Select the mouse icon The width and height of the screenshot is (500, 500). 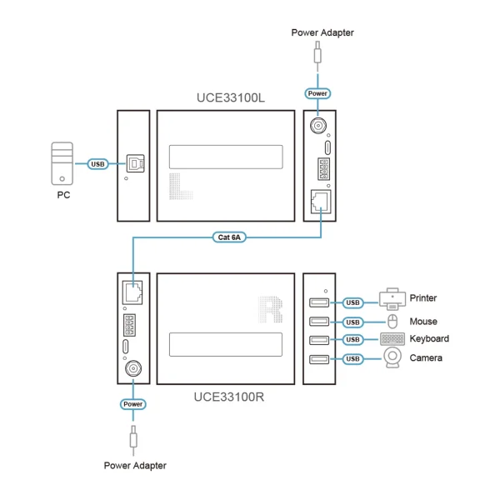click(392, 322)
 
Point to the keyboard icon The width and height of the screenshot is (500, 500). click(392, 340)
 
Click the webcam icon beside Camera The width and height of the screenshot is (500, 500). click(392, 359)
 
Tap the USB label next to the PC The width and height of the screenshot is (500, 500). click(98, 163)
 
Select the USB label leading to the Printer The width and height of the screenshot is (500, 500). click(353, 302)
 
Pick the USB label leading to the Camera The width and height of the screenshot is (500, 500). click(353, 359)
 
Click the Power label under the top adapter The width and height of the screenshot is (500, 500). click(317, 93)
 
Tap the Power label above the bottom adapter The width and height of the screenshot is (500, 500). click(132, 403)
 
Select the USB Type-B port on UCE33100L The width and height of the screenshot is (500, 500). click(133, 163)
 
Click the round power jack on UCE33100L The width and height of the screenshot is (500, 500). click(318, 126)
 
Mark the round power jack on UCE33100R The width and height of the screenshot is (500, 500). click(132, 367)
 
